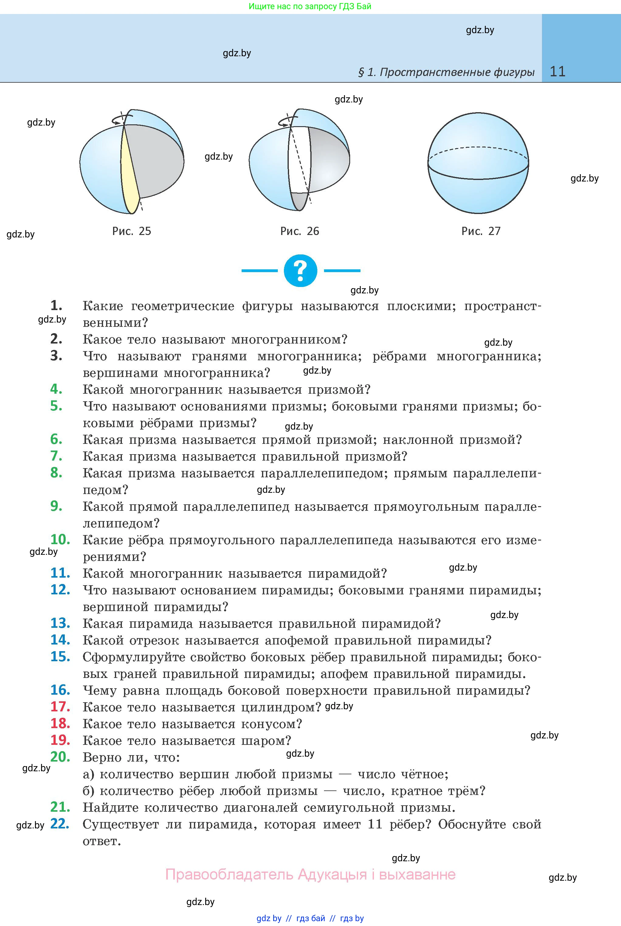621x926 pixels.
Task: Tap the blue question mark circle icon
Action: click(301, 271)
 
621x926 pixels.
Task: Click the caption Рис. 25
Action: click(132, 231)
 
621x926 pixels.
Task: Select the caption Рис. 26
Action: click(300, 231)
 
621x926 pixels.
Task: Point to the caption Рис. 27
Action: click(481, 231)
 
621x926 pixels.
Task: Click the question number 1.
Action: click(56, 305)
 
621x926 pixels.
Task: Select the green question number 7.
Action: click(56, 456)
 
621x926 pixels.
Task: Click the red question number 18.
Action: click(60, 724)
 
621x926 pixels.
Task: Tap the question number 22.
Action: click(60, 824)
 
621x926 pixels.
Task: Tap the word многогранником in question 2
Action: click(289, 340)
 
